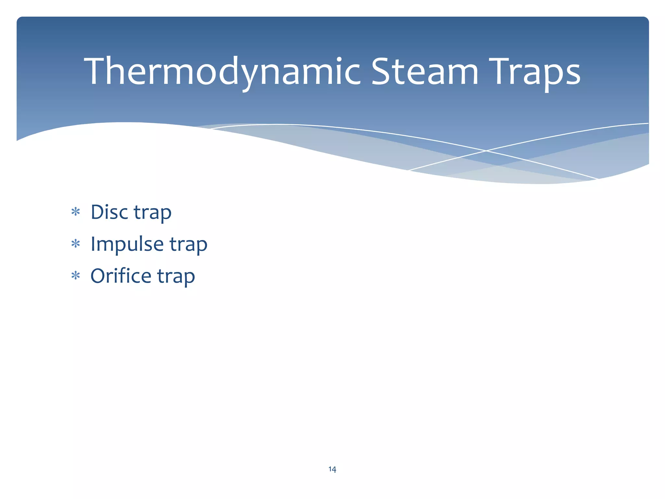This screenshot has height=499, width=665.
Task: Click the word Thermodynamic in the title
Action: click(222, 71)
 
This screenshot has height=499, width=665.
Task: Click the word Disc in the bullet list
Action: click(109, 212)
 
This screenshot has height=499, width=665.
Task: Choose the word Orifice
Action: click(121, 276)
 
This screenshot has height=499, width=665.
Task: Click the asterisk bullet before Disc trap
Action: click(76, 212)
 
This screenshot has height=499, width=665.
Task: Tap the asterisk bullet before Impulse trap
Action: click(76, 244)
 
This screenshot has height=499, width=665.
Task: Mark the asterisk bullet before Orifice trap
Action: click(76, 276)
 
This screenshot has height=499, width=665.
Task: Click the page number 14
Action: click(332, 469)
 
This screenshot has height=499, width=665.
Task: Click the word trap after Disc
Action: click(153, 213)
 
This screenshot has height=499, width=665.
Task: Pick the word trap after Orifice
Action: click(176, 277)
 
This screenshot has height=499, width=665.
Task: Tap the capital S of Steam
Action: click(381, 71)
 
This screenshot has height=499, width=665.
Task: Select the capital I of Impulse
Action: click(93, 244)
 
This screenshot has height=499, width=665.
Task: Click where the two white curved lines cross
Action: click(486, 151)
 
